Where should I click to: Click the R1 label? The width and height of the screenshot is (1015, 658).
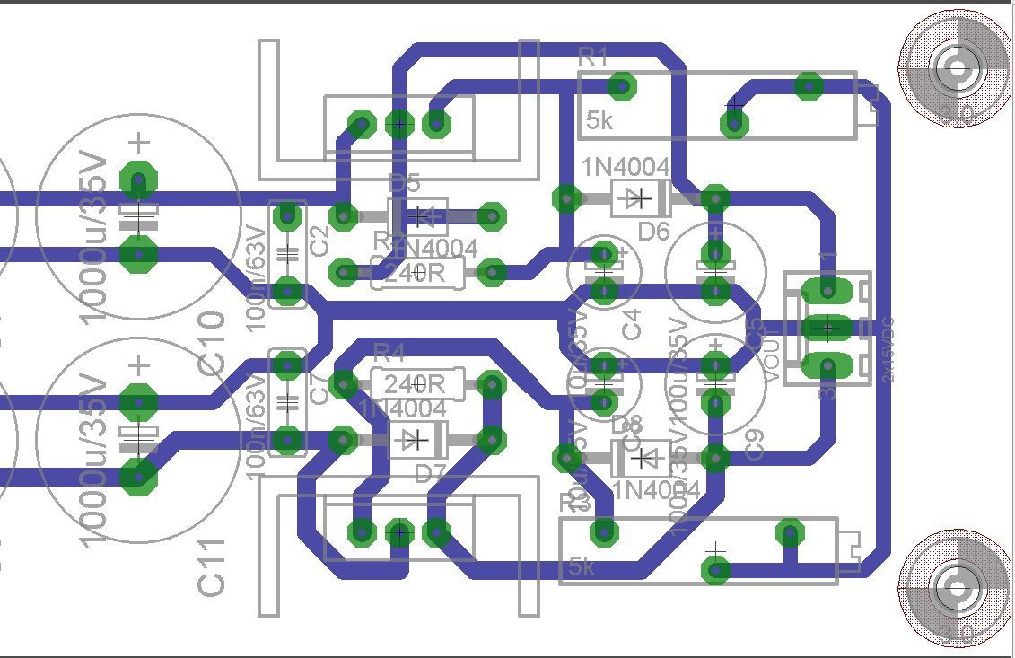[x=593, y=58]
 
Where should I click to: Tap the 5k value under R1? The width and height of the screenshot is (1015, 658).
[x=599, y=121]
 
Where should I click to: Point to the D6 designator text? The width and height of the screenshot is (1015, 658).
[x=654, y=232]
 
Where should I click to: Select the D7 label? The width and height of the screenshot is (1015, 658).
[x=430, y=472]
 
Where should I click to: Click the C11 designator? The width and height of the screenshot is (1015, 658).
[x=212, y=566]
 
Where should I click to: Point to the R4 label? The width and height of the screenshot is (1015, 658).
[x=389, y=352]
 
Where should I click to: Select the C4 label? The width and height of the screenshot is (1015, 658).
[x=633, y=324]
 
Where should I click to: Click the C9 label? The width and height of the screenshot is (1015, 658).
[x=755, y=445]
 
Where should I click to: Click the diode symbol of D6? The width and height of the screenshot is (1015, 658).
[x=638, y=198]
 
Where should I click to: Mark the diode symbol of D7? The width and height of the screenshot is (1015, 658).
[x=416, y=440]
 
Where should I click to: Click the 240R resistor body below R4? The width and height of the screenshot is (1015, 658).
[x=416, y=384]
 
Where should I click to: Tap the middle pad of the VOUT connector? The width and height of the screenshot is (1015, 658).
[x=827, y=329]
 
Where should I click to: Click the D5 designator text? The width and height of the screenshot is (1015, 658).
[x=405, y=184]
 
